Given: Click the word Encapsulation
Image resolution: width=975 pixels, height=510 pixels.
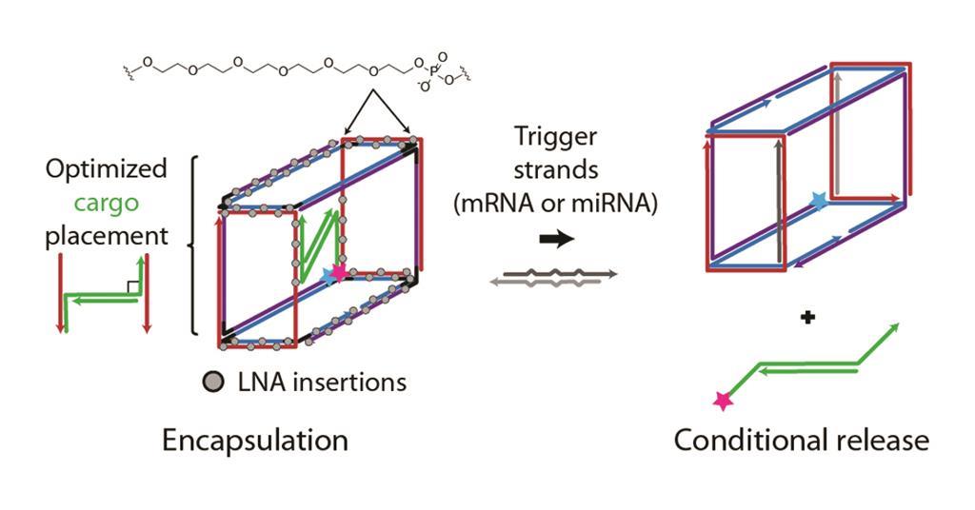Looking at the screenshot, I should [x=254, y=441].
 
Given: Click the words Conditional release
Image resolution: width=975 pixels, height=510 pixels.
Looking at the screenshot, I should [x=801, y=441].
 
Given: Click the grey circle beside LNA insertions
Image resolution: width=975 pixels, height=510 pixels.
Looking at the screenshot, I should [x=214, y=382].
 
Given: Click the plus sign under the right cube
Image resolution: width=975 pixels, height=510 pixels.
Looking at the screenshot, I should [x=807, y=319].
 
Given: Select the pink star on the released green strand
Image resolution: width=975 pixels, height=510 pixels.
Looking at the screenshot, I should [x=724, y=402].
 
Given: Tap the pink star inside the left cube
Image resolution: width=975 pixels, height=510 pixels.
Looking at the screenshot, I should [x=338, y=272].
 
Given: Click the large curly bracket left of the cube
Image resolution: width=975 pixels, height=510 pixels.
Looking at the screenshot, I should [x=193, y=245].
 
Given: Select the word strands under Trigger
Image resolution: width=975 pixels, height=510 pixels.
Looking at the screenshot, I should [x=554, y=170].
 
